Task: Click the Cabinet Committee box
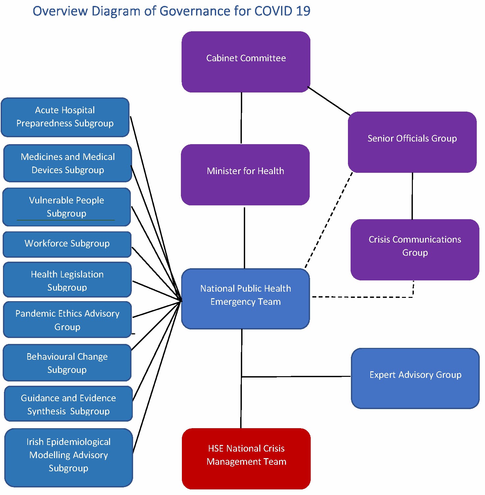click(246, 62)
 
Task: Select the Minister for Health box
click(245, 175)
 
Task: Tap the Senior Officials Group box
click(412, 142)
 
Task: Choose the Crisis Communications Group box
click(415, 250)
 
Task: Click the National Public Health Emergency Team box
click(245, 299)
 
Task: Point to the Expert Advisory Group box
click(415, 378)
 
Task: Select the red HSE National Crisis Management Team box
click(246, 458)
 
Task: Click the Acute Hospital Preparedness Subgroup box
click(65, 117)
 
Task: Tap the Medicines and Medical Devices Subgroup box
click(68, 163)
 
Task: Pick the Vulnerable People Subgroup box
click(67, 207)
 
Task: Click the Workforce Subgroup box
click(67, 244)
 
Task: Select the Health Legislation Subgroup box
click(67, 280)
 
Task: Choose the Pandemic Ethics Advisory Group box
click(67, 320)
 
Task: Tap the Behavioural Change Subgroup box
click(67, 363)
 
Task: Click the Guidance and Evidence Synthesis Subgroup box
click(68, 404)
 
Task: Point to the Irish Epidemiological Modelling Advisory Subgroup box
click(69, 457)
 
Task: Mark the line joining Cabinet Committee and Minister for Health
click(241, 118)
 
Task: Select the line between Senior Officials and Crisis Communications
click(412, 196)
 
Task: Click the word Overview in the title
click(60, 11)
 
